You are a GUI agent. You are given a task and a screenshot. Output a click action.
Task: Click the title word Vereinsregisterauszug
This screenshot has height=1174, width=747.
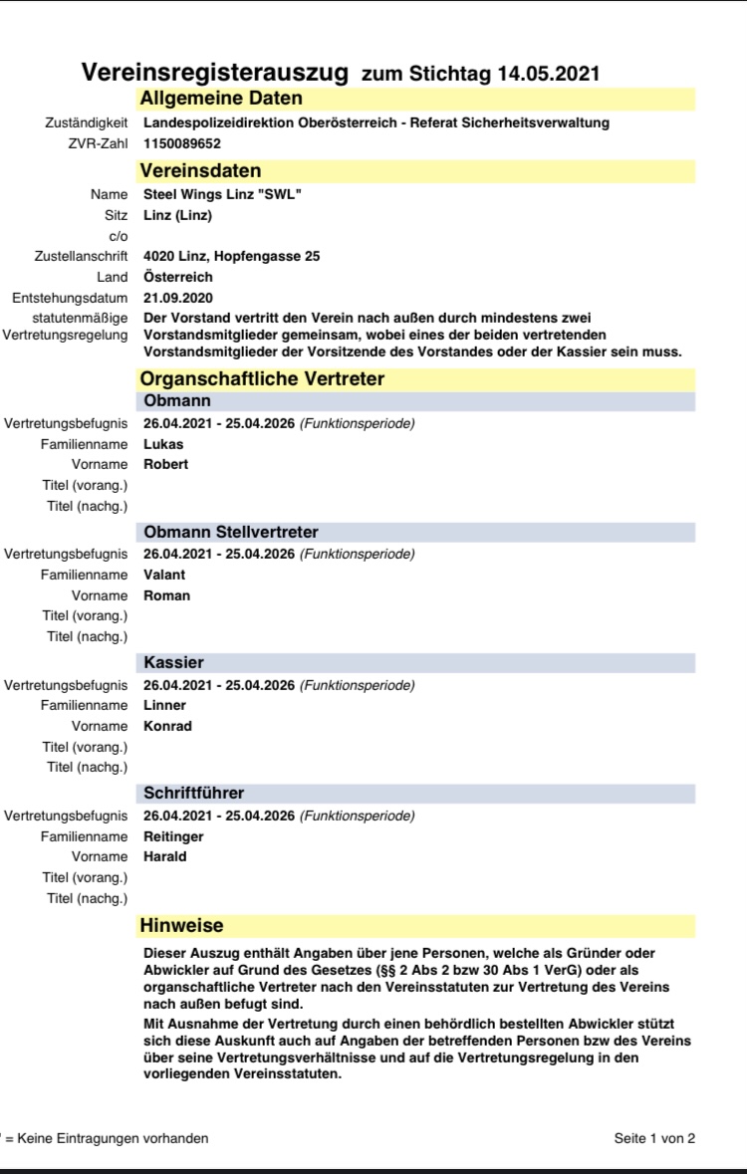(x=214, y=73)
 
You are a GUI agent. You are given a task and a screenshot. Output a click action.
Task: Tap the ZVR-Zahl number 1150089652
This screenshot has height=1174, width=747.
(x=182, y=143)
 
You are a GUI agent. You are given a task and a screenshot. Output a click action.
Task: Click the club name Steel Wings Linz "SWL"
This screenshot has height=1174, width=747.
(x=222, y=194)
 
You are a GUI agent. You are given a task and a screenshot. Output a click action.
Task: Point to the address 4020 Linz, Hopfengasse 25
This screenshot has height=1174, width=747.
(x=231, y=256)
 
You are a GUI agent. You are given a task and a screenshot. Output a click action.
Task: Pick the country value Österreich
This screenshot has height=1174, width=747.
(x=178, y=277)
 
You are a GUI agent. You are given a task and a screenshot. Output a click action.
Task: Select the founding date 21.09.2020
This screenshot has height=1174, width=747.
(x=178, y=298)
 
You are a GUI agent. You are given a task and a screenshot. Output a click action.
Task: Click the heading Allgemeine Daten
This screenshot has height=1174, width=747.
(x=221, y=99)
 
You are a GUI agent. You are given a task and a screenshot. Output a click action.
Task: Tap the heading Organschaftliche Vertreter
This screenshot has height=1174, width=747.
(x=262, y=378)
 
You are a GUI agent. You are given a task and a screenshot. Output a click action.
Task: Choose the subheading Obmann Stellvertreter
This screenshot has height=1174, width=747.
(x=231, y=532)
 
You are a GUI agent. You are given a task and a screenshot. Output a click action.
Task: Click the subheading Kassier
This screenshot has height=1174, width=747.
(x=174, y=662)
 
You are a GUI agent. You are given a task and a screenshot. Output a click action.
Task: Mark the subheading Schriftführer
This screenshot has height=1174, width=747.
(x=194, y=793)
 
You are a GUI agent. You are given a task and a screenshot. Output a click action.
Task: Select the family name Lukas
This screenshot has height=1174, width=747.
(x=163, y=444)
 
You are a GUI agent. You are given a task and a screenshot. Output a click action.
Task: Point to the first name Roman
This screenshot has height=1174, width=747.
(x=166, y=595)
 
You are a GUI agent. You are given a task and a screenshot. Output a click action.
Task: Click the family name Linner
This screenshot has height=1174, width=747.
(x=164, y=705)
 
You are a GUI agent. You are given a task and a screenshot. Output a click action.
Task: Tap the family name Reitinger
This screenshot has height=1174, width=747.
(x=172, y=836)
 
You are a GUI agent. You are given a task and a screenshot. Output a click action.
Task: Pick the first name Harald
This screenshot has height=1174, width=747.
(x=165, y=856)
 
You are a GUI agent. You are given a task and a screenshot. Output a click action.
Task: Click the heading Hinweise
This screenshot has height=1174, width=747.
(x=182, y=926)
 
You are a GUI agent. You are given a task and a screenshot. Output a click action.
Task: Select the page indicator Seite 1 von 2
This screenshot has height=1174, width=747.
(x=654, y=1138)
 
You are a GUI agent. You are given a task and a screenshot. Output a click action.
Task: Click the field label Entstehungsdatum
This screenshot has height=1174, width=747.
(x=70, y=298)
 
